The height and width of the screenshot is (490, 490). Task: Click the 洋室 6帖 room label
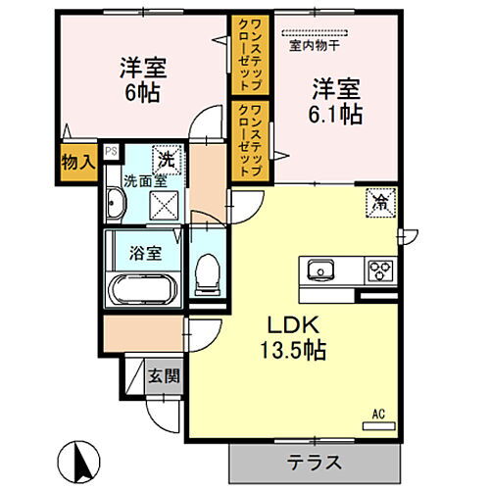pos(143,80)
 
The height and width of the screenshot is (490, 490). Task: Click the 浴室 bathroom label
pos(146,251)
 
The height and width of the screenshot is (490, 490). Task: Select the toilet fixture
pos(206,272)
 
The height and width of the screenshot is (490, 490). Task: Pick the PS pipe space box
pos(111,151)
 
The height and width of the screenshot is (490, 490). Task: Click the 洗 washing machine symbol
pos(167,158)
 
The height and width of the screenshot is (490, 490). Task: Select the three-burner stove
pos(379,269)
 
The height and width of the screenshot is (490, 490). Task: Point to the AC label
pos(377,412)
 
